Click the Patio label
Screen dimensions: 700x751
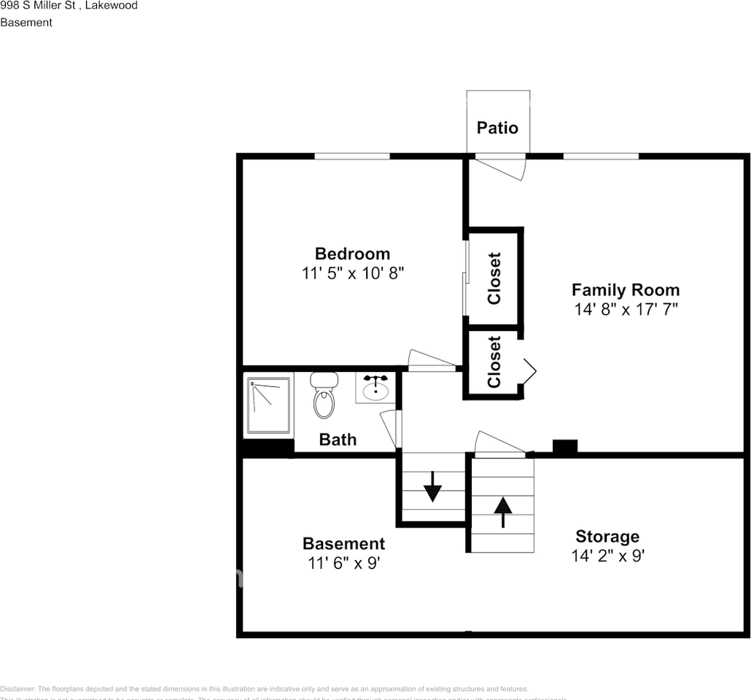pyautogui.click(x=497, y=128)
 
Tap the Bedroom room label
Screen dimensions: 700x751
pyautogui.click(x=352, y=254)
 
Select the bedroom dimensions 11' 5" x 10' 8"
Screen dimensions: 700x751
pyautogui.click(x=352, y=273)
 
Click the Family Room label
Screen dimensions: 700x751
pyautogui.click(x=625, y=289)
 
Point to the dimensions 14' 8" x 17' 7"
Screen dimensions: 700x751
pyautogui.click(x=626, y=309)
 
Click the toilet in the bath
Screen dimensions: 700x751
pyautogui.click(x=324, y=394)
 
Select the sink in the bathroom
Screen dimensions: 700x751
pyautogui.click(x=375, y=387)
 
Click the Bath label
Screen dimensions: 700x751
pyautogui.click(x=338, y=439)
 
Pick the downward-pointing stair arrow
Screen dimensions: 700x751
pyautogui.click(x=432, y=486)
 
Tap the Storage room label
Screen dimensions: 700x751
pyautogui.click(x=607, y=537)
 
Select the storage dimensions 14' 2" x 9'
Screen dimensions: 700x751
pyautogui.click(x=607, y=556)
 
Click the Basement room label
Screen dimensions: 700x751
pyautogui.click(x=343, y=543)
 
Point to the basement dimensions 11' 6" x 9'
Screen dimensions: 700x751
pyautogui.click(x=343, y=563)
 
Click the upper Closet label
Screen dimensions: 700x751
pyautogui.click(x=494, y=278)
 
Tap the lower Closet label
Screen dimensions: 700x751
pyautogui.click(x=494, y=362)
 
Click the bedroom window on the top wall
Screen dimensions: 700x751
pyautogui.click(x=351, y=155)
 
